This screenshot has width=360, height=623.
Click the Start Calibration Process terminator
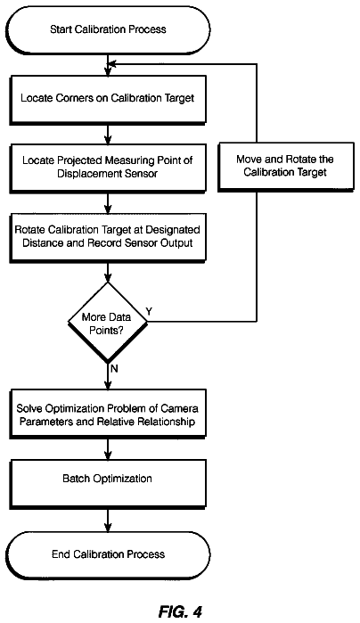108,29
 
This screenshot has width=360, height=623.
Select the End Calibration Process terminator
108,554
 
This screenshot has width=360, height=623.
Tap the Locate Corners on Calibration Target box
108,98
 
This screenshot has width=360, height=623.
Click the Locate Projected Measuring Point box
108,168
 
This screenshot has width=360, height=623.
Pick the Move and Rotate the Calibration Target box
285,167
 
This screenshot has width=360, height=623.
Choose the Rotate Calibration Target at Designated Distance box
108,237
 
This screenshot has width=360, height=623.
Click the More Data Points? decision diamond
107,323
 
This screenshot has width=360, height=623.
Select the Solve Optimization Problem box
108,414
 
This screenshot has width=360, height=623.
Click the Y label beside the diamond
150,312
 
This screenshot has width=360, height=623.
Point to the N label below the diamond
114,369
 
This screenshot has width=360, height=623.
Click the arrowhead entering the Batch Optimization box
108,455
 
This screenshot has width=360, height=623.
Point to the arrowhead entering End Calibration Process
108,528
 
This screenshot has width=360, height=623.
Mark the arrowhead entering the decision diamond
108,278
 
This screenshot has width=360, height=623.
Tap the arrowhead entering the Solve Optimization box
108,385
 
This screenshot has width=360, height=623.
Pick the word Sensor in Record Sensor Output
143,243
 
